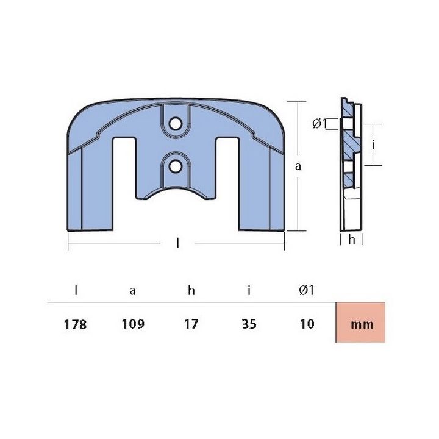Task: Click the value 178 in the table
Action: coord(76,324)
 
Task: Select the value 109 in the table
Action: coord(133,324)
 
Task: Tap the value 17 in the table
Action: coord(191,324)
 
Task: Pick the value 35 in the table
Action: coord(250,324)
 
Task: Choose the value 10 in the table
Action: coord(307,324)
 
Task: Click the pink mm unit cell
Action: coord(362,324)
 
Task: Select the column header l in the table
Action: coord(76,290)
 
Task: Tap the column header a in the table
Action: coord(133,291)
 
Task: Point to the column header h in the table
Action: coord(191,290)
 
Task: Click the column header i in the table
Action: coord(250,290)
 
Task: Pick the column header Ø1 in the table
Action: coord(307,290)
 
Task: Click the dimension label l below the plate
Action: coord(177,244)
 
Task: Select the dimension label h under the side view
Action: coord(351,240)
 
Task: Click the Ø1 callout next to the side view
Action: coord(319,124)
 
